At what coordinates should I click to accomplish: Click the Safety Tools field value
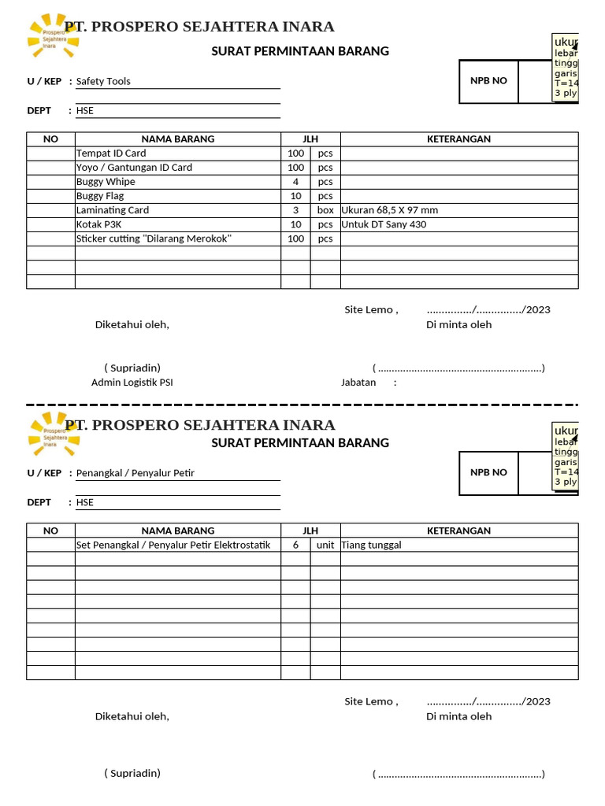click(x=103, y=81)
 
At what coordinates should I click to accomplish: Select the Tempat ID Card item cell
click(x=111, y=153)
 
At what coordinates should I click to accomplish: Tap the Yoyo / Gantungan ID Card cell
click(x=134, y=168)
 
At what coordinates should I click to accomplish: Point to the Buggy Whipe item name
click(x=106, y=182)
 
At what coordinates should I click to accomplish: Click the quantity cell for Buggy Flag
click(x=295, y=196)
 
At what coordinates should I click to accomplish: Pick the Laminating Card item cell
click(x=113, y=210)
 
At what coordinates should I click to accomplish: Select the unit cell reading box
click(x=325, y=210)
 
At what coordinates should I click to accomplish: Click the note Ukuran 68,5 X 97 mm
click(x=390, y=210)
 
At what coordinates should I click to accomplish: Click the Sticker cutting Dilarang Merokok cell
click(x=154, y=238)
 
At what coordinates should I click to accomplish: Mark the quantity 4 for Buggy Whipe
click(x=295, y=182)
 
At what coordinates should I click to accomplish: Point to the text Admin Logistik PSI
click(x=132, y=383)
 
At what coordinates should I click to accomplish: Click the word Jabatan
click(x=358, y=383)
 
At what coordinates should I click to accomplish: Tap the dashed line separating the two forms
click(x=302, y=405)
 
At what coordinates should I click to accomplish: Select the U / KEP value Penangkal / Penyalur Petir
click(x=135, y=473)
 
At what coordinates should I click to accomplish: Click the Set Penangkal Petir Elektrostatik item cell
click(x=173, y=545)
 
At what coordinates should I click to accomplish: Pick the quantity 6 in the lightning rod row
click(x=295, y=545)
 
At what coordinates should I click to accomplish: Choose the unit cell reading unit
click(x=325, y=545)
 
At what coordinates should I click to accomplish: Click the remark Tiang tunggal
click(x=372, y=545)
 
